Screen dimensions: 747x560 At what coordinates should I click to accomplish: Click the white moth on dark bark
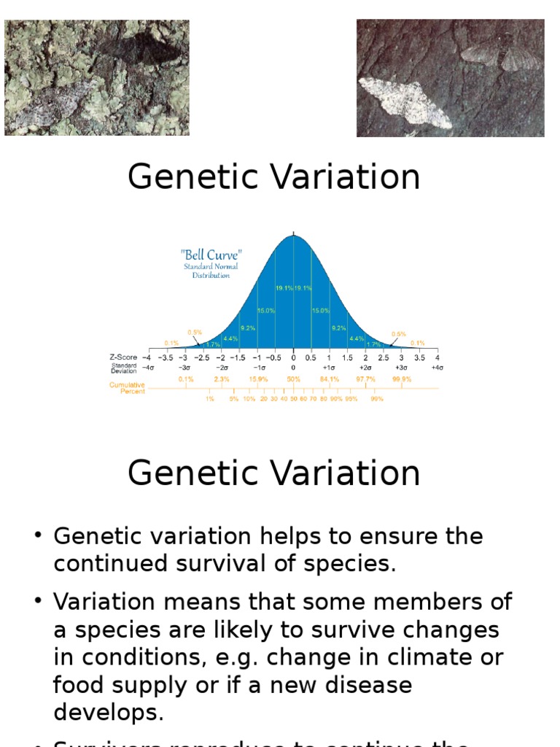click(x=405, y=103)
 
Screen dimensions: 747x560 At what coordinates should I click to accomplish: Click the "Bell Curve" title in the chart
click(x=211, y=255)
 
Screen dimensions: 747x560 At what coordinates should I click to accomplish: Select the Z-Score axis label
click(x=123, y=357)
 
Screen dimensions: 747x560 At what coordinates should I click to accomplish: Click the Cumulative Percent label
click(x=127, y=388)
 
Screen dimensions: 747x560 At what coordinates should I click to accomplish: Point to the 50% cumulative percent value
click(x=294, y=379)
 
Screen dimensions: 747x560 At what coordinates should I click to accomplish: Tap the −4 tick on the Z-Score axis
click(x=148, y=357)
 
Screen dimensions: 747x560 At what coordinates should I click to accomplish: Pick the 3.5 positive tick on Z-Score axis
click(x=419, y=357)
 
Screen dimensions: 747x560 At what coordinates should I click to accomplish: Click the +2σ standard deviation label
click(x=365, y=368)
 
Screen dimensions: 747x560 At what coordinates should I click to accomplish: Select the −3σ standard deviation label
click(x=185, y=368)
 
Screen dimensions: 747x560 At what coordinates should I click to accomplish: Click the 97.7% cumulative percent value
click(x=365, y=379)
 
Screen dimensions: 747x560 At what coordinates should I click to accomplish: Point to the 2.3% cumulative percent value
click(x=222, y=379)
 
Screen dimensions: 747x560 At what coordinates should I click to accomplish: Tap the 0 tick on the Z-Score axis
click(x=294, y=357)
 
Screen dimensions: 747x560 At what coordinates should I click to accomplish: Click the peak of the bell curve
click(x=294, y=236)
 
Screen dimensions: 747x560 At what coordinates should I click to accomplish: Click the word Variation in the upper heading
click(x=349, y=177)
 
